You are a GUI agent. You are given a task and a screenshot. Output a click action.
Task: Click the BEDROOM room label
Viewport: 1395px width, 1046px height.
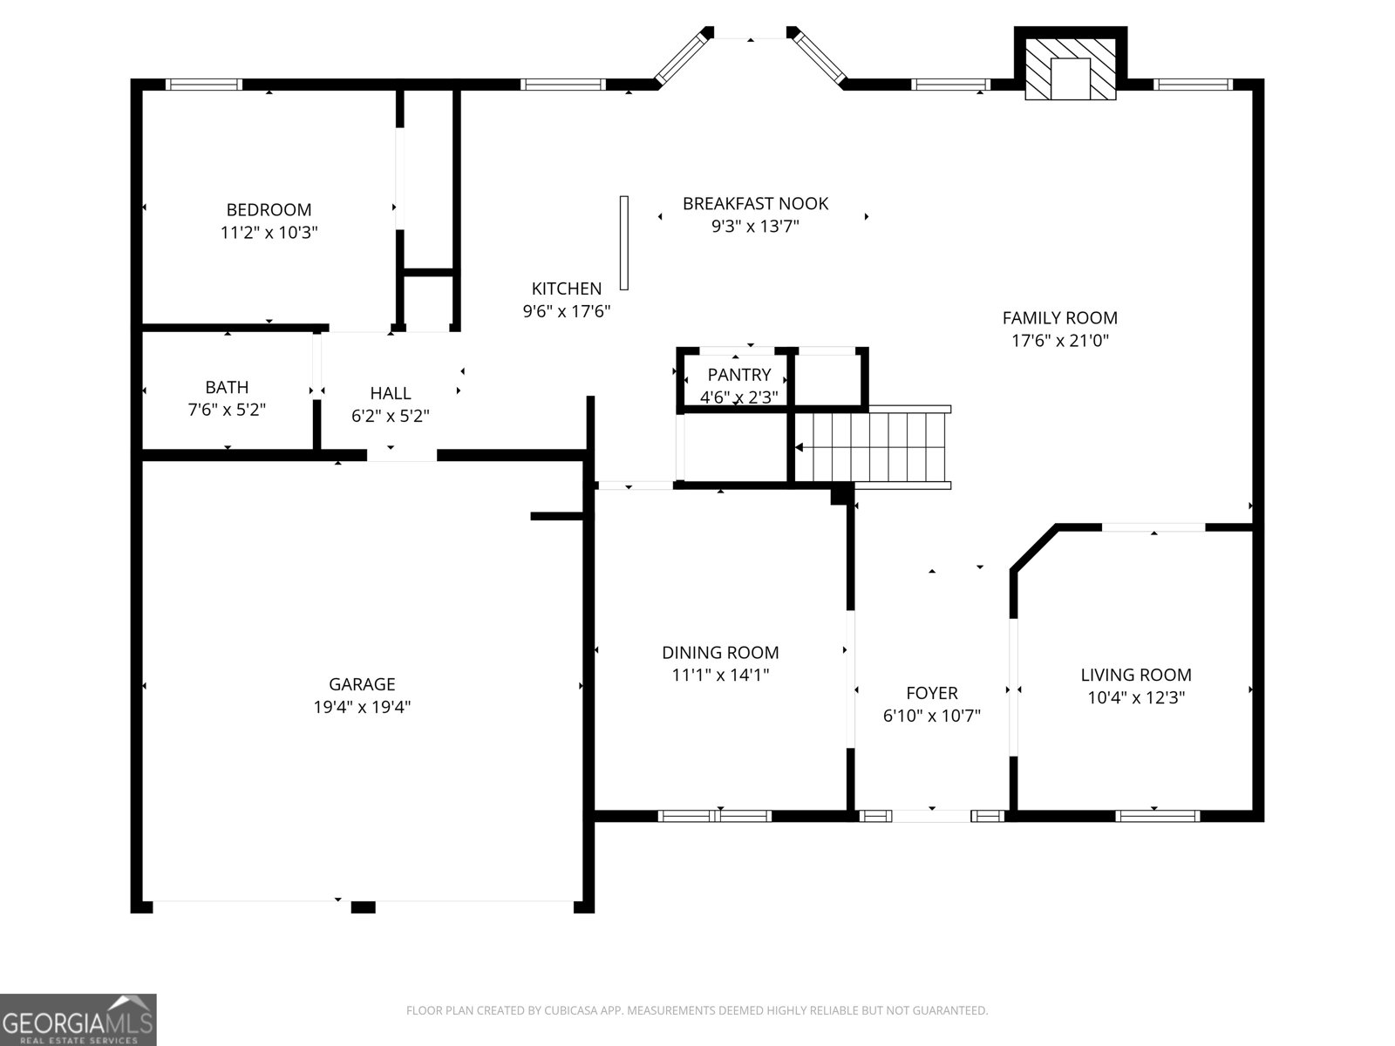(269, 210)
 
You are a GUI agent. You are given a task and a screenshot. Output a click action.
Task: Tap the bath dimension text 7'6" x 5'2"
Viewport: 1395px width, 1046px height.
(227, 410)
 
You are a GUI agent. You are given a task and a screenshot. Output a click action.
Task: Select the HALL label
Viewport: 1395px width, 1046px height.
(390, 393)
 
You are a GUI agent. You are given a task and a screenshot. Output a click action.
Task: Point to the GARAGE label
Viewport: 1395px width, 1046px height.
(362, 684)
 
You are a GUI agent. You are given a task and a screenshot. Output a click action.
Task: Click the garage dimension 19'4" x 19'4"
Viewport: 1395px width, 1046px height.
(362, 707)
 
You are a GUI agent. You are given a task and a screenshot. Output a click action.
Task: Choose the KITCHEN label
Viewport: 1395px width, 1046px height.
(567, 289)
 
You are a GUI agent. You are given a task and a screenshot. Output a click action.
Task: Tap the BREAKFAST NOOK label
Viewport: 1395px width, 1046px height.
(755, 203)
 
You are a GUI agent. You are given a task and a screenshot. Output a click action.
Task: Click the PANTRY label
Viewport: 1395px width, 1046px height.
(738, 375)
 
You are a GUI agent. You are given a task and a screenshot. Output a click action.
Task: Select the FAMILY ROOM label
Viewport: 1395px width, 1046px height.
(1059, 318)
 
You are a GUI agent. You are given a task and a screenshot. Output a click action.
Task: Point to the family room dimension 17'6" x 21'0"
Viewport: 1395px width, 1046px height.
(1059, 341)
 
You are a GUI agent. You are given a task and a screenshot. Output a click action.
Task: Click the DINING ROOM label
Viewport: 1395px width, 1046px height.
(720, 652)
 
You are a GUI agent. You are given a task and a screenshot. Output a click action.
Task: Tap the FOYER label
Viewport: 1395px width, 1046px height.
(931, 693)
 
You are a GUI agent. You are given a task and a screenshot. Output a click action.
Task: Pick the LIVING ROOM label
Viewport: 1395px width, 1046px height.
(1136, 675)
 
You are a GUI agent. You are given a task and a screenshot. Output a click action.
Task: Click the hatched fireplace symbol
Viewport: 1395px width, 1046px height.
(1070, 69)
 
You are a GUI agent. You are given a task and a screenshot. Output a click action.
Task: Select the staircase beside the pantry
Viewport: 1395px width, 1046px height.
(872, 446)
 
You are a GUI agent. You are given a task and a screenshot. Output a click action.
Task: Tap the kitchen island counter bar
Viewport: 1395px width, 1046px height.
(624, 242)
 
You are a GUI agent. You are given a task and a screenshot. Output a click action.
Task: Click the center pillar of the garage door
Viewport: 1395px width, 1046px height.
(363, 907)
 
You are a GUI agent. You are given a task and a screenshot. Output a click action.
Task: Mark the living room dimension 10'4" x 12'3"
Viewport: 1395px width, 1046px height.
(1136, 697)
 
